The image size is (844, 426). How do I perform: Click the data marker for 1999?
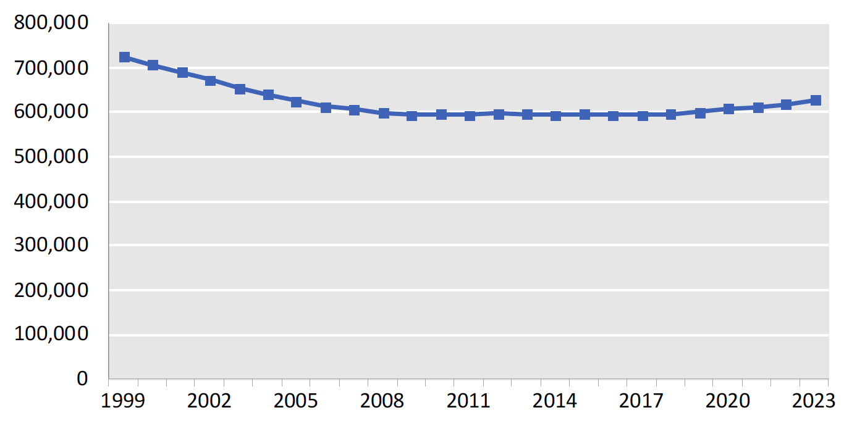coord(124,57)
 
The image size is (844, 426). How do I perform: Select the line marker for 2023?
coord(815,100)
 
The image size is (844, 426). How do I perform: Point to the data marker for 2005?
coord(297,102)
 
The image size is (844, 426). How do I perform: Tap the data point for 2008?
coord(383,113)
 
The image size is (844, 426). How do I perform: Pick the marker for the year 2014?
coord(555,115)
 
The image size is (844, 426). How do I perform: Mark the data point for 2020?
coord(728,109)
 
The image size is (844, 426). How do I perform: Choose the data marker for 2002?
coord(211,80)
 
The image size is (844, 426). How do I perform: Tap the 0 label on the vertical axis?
coord(82,379)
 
